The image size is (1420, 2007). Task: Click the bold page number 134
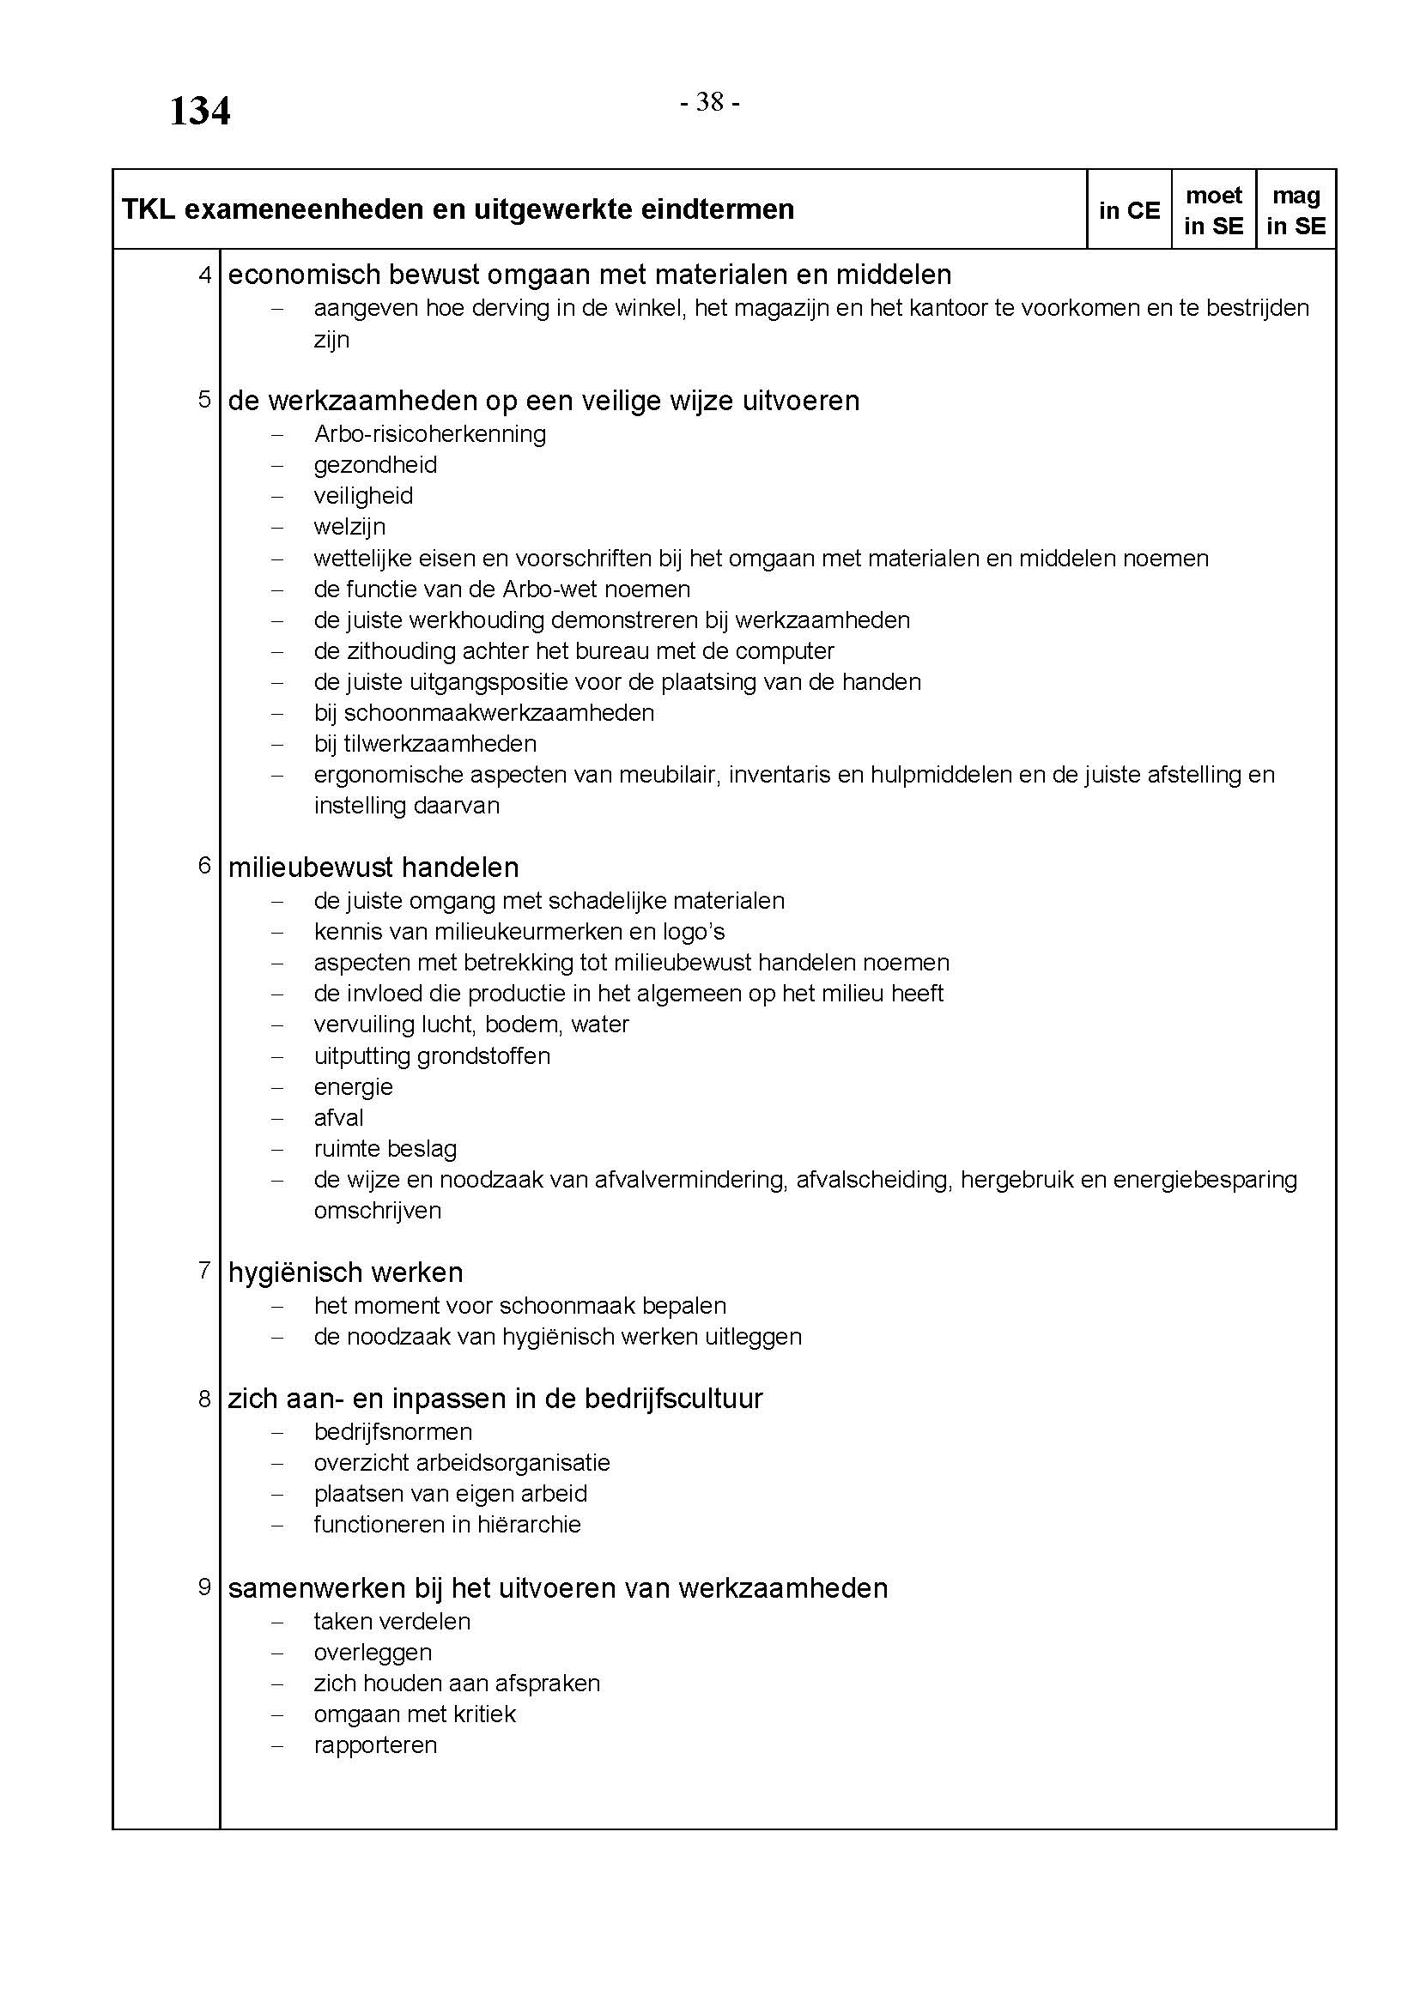point(199,111)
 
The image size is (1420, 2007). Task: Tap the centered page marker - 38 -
point(710,103)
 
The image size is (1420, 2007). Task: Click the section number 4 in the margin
point(204,275)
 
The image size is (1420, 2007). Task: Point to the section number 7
point(204,1270)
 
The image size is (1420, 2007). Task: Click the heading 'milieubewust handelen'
point(373,867)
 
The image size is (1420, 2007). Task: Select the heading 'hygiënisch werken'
point(345,1272)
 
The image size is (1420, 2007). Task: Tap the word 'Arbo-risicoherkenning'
point(429,433)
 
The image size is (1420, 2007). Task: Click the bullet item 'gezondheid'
point(375,465)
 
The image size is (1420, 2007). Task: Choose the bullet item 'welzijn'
point(349,527)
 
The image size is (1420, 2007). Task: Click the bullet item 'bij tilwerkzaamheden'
point(425,744)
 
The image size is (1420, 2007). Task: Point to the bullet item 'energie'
point(353,1086)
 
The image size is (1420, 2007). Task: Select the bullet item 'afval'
point(338,1117)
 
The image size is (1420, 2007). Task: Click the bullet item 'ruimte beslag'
point(385,1149)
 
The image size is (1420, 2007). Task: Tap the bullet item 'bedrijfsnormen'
point(392,1432)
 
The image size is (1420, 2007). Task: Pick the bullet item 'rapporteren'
point(375,1744)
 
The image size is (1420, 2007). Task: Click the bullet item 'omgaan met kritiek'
point(415,1714)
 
